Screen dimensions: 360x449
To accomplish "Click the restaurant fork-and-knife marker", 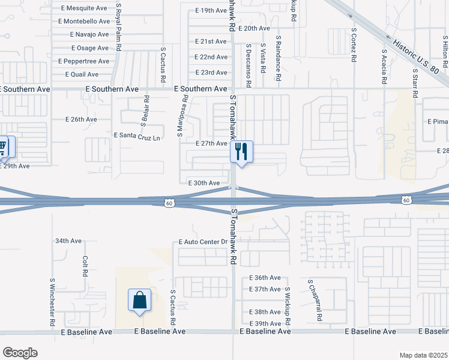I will (242, 152).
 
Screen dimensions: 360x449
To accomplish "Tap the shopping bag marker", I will (139, 300).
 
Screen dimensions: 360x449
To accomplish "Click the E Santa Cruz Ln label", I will (137, 137).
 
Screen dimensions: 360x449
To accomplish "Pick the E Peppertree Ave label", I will (83, 61).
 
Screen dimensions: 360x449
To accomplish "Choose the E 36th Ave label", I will (265, 278).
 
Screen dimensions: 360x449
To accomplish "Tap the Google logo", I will (20, 353).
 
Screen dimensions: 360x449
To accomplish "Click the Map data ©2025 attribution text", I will (423, 355).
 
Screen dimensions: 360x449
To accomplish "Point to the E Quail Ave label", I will (82, 74).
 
